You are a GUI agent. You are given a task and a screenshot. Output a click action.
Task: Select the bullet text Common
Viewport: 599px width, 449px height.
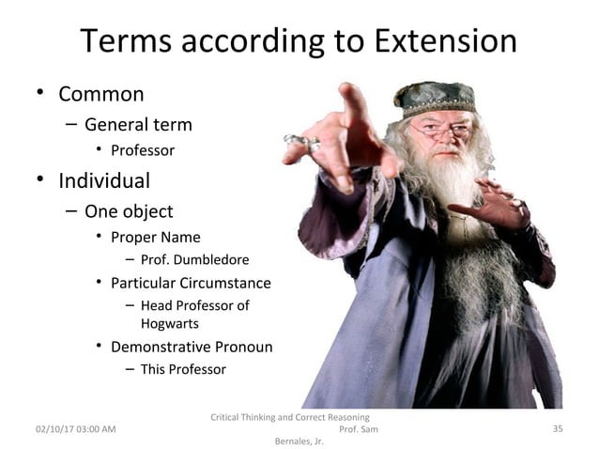101,94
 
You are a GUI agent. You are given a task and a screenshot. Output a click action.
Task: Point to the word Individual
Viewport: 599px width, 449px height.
104,178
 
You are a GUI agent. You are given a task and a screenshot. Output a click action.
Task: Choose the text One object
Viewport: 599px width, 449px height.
129,210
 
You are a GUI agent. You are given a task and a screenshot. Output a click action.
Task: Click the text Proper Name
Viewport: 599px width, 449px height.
155,237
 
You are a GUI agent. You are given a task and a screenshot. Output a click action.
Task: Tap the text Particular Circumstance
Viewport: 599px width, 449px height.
191,283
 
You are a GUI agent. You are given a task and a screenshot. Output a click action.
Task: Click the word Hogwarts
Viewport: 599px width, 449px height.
169,323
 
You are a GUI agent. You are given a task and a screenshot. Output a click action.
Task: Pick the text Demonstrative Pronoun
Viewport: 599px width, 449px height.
192,347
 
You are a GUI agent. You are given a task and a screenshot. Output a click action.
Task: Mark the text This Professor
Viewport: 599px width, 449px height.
183,369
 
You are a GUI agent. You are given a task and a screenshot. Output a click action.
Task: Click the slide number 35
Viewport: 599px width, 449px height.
557,428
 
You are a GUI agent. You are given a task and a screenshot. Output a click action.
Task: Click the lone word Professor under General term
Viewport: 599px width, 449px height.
142,149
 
